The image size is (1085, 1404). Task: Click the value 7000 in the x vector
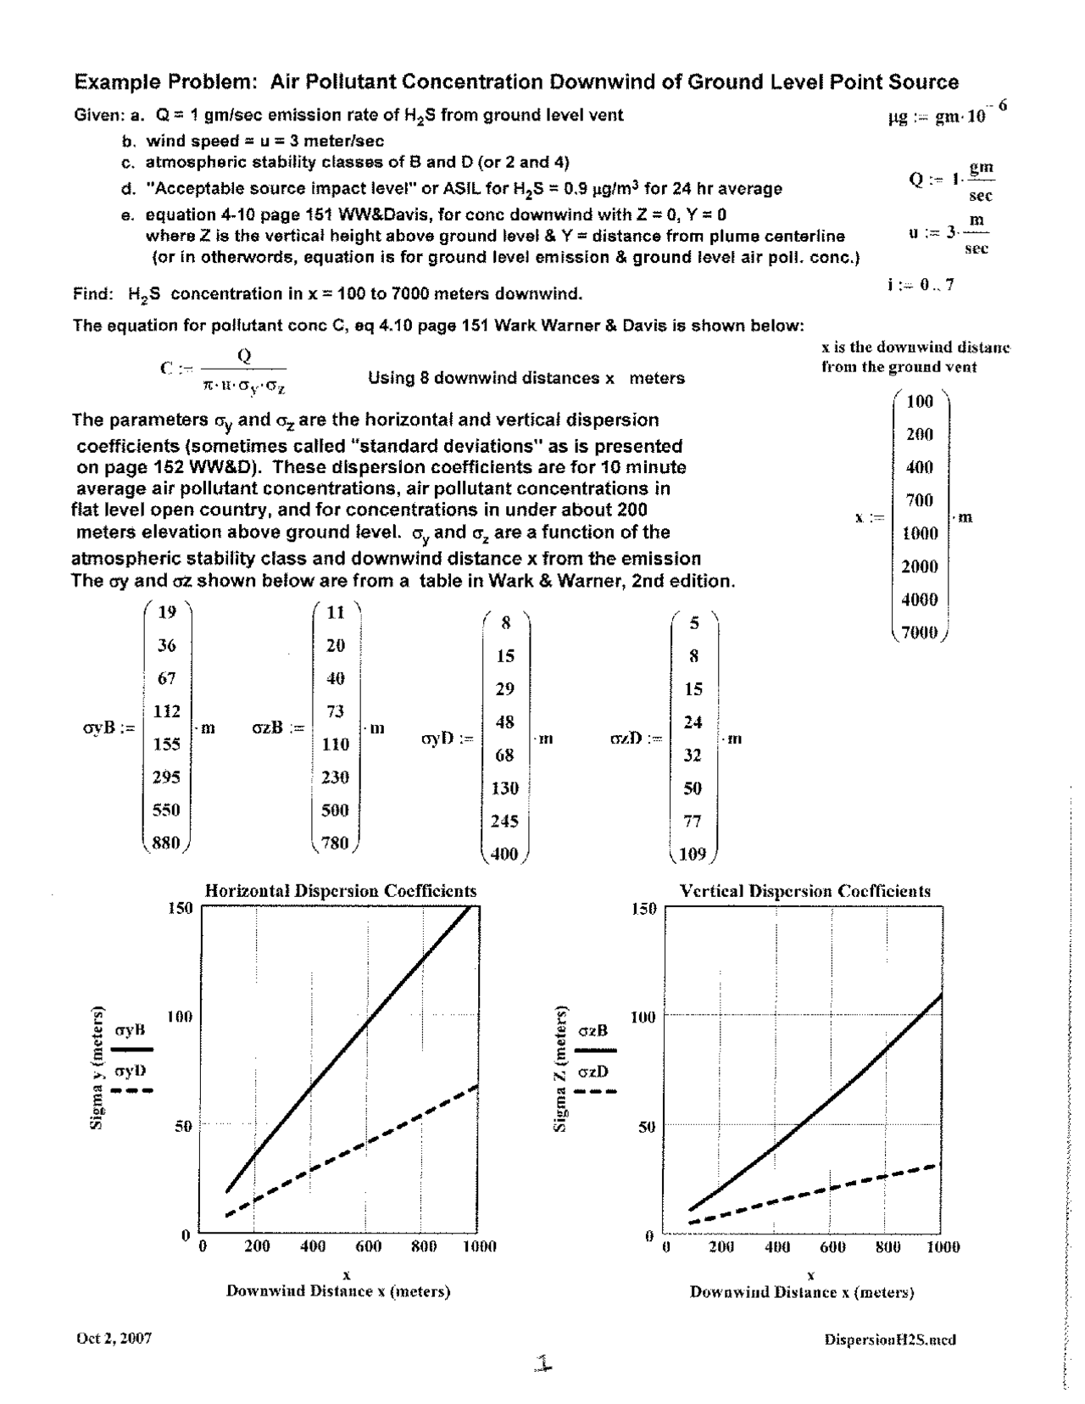coord(919,632)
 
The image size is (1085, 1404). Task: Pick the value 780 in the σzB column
coord(336,844)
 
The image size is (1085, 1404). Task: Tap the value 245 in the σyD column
coord(504,821)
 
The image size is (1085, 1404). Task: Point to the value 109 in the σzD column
coord(693,854)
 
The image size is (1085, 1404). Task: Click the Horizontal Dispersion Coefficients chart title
coord(341,891)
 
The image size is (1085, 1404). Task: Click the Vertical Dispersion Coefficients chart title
coord(805,891)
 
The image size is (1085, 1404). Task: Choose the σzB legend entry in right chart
coord(593,1031)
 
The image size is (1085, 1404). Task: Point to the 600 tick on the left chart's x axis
coord(368,1246)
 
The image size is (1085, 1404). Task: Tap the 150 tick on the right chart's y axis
coord(644,910)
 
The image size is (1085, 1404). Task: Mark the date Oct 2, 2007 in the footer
coord(114,1339)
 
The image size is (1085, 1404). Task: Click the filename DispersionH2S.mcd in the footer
coord(889,1340)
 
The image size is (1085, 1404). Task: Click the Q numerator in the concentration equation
coord(245,356)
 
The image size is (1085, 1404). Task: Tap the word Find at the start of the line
coord(92,294)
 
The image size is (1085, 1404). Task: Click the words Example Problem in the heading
coord(165,82)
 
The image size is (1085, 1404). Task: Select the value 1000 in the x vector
coord(919,533)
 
